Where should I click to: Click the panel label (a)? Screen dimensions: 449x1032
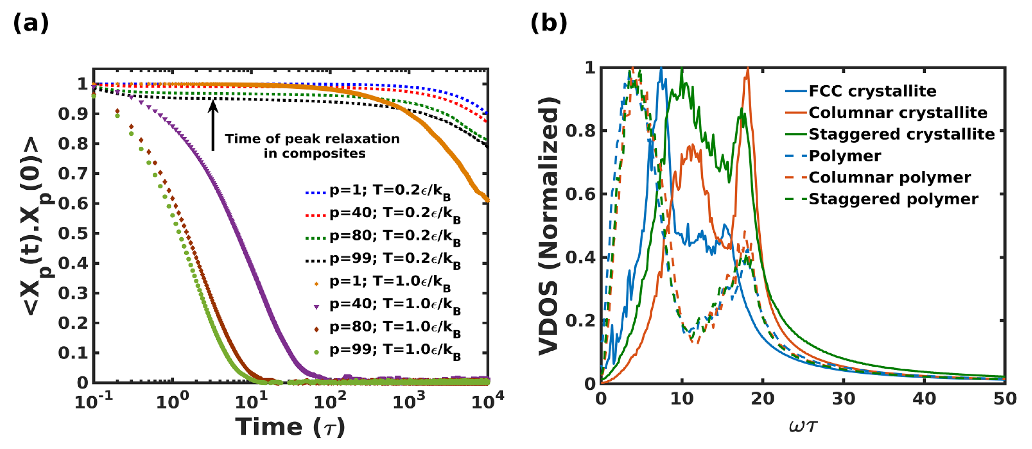point(31,23)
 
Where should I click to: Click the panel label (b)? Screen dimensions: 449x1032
point(549,23)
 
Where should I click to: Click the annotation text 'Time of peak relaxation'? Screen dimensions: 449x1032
point(312,138)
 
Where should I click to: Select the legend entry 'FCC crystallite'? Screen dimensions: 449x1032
point(872,91)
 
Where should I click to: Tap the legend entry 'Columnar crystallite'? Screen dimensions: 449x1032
point(898,113)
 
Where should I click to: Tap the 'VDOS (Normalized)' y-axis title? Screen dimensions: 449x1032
point(549,226)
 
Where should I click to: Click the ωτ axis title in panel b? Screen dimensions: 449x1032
point(803,426)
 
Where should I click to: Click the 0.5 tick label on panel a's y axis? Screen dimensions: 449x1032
point(73,233)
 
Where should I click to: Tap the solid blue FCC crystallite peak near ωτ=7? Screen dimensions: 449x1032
point(661,70)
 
